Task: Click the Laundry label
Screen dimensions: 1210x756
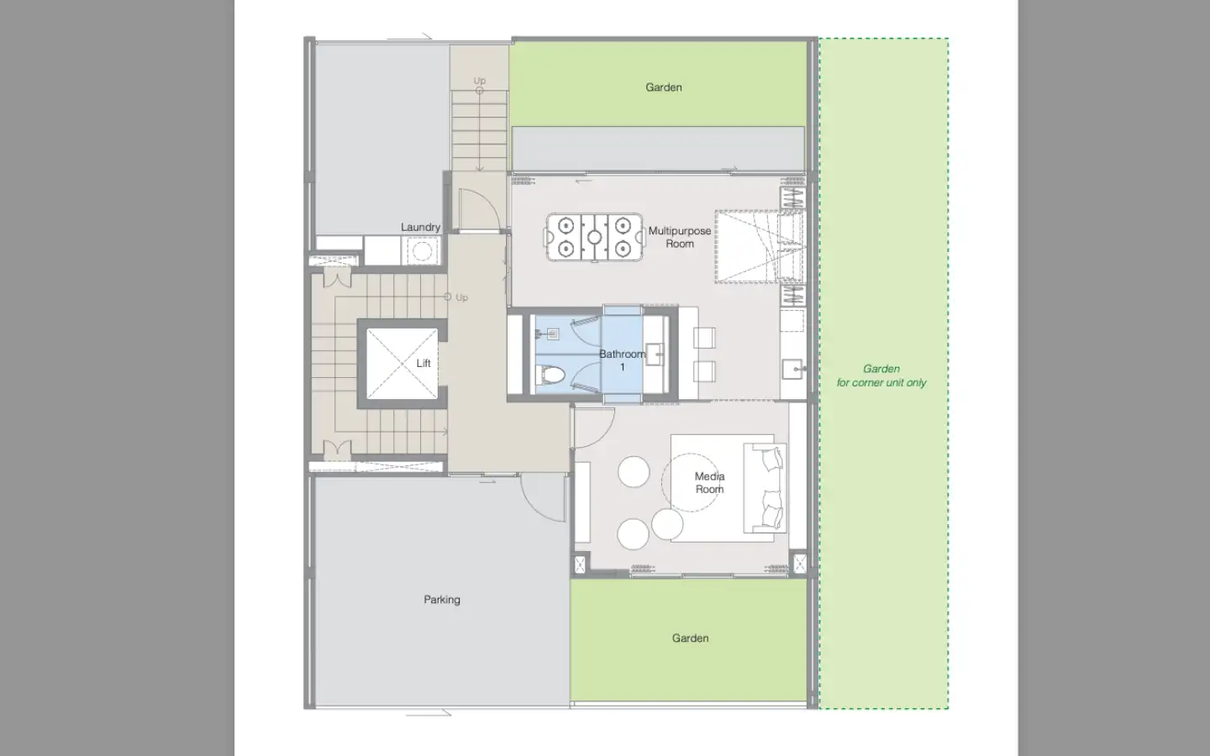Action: [x=420, y=228]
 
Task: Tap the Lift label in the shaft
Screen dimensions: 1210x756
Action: [x=423, y=364]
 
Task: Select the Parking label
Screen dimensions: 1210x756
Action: [x=442, y=600]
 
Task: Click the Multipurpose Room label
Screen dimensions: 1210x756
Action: [x=680, y=237]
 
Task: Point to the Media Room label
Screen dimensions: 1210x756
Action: [x=709, y=483]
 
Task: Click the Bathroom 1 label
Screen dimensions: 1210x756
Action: [x=623, y=360]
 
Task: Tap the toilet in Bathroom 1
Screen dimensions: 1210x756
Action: [x=550, y=374]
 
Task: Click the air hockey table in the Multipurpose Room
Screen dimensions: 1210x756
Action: [x=594, y=237]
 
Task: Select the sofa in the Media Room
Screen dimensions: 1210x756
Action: [x=765, y=488]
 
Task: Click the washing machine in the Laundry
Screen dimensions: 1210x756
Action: [x=421, y=251]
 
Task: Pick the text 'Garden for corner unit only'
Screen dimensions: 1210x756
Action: [x=881, y=375]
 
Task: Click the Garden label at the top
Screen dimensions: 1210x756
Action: [x=663, y=87]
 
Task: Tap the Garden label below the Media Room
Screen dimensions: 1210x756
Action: [x=690, y=638]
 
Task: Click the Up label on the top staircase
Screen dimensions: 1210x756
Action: [x=480, y=81]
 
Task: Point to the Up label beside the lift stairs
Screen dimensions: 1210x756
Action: [x=461, y=297]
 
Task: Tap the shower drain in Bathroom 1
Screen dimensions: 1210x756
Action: [x=552, y=335]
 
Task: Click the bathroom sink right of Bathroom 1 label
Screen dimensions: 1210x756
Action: [x=656, y=354]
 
